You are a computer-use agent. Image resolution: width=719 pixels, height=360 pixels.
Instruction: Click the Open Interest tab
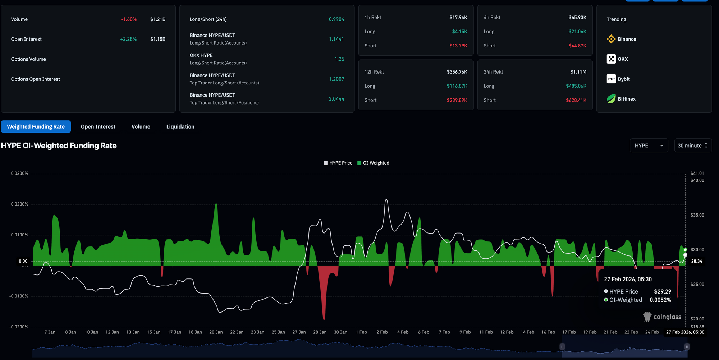click(98, 126)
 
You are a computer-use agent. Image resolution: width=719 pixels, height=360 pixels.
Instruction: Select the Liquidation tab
click(180, 126)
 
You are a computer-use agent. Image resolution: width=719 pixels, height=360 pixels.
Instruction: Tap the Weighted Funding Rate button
click(36, 126)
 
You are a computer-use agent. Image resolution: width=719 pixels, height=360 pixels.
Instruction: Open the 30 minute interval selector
click(693, 146)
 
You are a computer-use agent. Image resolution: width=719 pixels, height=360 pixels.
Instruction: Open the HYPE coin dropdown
click(649, 146)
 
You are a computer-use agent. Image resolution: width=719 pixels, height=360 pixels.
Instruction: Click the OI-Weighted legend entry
click(373, 163)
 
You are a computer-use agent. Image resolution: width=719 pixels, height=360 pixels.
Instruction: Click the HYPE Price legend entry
click(338, 163)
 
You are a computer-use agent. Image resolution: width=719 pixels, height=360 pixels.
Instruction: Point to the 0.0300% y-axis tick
click(19, 174)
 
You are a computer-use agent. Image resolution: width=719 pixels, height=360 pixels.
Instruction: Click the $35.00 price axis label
click(697, 215)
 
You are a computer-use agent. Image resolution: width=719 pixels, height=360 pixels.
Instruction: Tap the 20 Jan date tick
click(216, 332)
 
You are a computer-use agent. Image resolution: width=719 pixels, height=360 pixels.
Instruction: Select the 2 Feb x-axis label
click(382, 332)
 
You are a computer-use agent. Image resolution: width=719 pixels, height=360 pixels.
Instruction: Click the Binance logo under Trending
click(611, 39)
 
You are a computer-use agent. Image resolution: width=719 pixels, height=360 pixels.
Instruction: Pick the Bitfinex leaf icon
click(611, 99)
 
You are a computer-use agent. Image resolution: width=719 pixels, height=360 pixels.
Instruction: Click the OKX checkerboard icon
click(611, 59)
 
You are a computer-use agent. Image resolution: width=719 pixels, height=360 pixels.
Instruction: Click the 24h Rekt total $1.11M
click(578, 72)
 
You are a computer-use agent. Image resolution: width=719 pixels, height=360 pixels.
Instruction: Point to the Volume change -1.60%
click(129, 19)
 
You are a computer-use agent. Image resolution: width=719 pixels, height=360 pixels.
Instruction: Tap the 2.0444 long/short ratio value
click(336, 99)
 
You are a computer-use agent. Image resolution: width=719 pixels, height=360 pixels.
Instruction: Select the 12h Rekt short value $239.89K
click(457, 100)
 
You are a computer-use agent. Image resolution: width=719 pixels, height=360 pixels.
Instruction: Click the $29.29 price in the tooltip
click(663, 292)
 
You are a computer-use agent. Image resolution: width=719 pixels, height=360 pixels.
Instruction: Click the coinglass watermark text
click(667, 317)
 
